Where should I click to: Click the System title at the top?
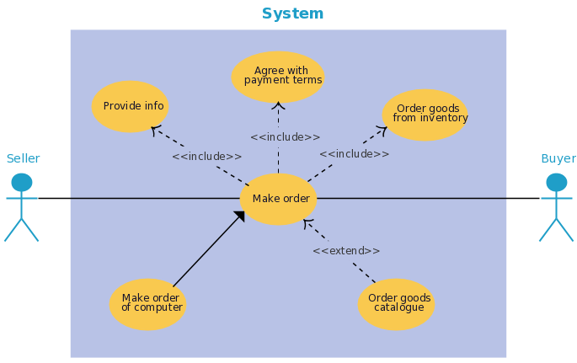(x=292, y=13)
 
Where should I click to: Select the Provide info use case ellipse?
(x=130, y=106)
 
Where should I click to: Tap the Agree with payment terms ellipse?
(x=278, y=77)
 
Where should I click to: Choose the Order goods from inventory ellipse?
(x=425, y=115)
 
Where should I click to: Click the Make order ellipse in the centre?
(x=278, y=199)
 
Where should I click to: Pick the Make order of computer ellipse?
(x=148, y=304)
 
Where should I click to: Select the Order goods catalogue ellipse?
(x=397, y=304)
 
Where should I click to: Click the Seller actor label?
(x=24, y=158)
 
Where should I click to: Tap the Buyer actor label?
(x=558, y=158)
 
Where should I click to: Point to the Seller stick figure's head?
(x=22, y=182)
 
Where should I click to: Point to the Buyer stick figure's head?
(x=557, y=182)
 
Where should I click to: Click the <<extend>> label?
(x=346, y=251)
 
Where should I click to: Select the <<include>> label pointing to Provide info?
(x=207, y=157)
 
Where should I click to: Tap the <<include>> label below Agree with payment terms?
(x=286, y=137)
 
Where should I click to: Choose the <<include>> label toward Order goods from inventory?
(x=354, y=154)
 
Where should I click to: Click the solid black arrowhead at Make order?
(x=240, y=216)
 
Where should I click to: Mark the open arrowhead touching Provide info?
(x=156, y=131)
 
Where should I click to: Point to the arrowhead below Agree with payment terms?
(x=278, y=106)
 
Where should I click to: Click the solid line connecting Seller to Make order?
(x=139, y=198)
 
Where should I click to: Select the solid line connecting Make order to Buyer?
(x=428, y=198)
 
